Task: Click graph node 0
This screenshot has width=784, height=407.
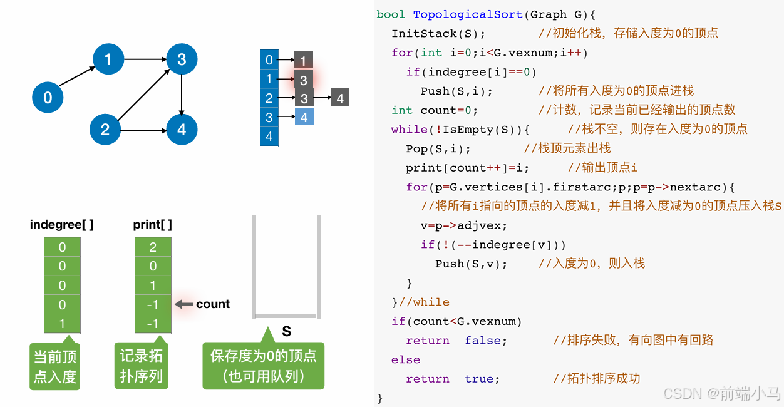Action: point(48,97)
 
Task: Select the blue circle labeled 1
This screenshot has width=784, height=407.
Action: point(108,59)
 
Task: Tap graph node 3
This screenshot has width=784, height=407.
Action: point(182,59)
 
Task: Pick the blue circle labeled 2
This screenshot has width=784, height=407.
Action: point(105,130)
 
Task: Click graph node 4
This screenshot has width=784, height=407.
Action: point(182,130)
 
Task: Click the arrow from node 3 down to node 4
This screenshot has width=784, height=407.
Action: point(182,94)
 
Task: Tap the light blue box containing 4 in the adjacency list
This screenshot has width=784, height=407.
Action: point(304,117)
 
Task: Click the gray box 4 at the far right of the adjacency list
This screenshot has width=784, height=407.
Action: point(339,98)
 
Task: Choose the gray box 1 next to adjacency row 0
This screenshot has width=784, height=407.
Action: point(303,61)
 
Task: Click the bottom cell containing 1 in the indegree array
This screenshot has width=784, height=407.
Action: point(62,324)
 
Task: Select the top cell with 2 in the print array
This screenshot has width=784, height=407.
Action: point(153,247)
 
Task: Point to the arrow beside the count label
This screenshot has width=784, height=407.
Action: point(183,304)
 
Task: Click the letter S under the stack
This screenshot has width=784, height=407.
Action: point(286,332)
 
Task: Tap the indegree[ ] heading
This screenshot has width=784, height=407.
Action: point(61,224)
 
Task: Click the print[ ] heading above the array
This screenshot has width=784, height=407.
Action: point(152,224)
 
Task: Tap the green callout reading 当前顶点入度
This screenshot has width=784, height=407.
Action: point(54,366)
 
